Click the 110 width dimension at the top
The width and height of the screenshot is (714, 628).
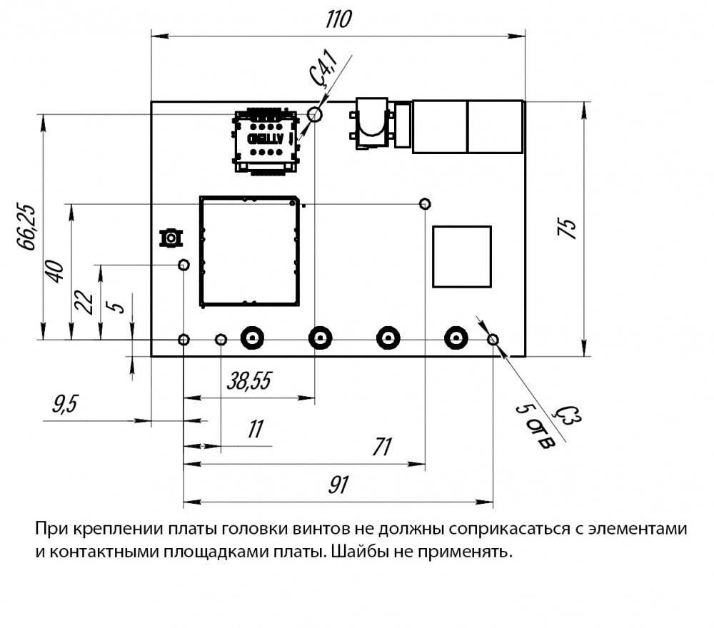pos(338,19)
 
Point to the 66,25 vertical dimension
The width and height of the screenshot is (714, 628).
pos(27,227)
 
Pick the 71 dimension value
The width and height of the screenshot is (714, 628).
pos(383,447)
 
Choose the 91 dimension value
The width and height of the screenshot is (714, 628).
pos(337,485)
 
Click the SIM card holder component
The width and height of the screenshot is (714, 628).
pos(265,141)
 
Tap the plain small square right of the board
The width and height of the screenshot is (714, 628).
pos(462,256)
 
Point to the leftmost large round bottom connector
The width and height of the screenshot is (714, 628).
pos(252,338)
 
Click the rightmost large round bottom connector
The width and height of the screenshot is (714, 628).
pos(455,338)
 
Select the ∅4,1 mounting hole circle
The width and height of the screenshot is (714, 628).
pos(315,114)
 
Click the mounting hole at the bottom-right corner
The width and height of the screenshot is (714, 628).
pos(493,339)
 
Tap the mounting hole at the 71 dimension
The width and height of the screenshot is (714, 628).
pos(425,204)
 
